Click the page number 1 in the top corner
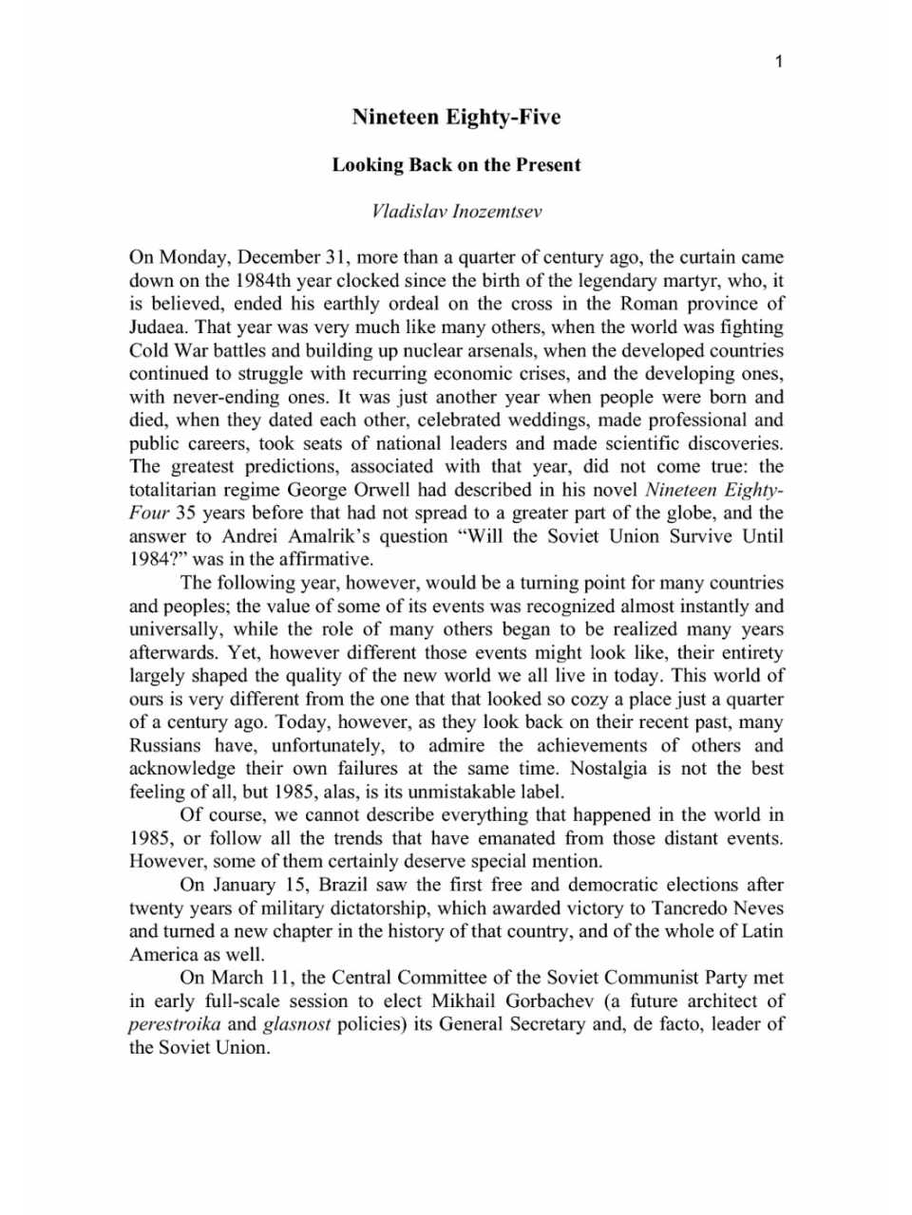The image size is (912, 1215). click(779, 63)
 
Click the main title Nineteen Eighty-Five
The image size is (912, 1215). click(456, 117)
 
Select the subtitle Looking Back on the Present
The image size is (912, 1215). click(456, 165)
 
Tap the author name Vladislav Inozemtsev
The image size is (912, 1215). click(456, 211)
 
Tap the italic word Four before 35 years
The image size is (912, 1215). click(149, 514)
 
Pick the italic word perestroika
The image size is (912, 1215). click(175, 1024)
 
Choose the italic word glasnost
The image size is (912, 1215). click(296, 1024)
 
